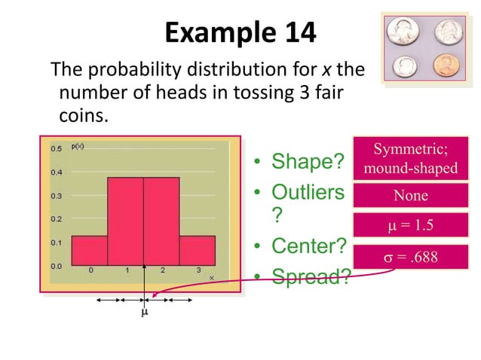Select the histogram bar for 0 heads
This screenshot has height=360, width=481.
point(89,250)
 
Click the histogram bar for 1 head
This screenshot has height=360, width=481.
point(125,221)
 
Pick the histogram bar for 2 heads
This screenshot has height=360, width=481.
point(161,221)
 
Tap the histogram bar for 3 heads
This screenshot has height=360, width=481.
point(197,250)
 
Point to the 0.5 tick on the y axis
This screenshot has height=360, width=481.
point(57,148)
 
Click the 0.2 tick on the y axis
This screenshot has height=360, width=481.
point(57,219)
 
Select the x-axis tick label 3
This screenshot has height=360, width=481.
point(198,270)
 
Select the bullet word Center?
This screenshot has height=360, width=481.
point(309,246)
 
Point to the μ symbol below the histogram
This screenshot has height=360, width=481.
point(144,313)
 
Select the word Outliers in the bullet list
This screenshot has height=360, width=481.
point(308,193)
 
